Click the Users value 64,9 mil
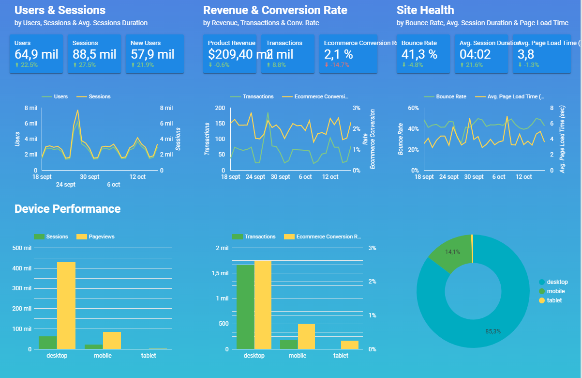point(36,54)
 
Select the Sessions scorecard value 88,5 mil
point(94,54)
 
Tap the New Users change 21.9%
point(145,65)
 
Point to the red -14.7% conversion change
point(339,65)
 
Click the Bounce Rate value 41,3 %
point(419,54)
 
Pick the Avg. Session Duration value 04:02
point(475,54)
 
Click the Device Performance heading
point(67,209)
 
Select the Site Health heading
point(425,10)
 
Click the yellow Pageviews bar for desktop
point(66,305)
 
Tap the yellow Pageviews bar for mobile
point(112,340)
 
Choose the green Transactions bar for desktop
point(245,307)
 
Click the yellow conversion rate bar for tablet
point(350,345)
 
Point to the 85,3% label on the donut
point(493,331)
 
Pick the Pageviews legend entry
point(101,236)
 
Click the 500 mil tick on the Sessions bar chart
point(22,248)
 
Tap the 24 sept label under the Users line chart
point(66,184)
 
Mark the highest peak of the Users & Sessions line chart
point(77,110)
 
